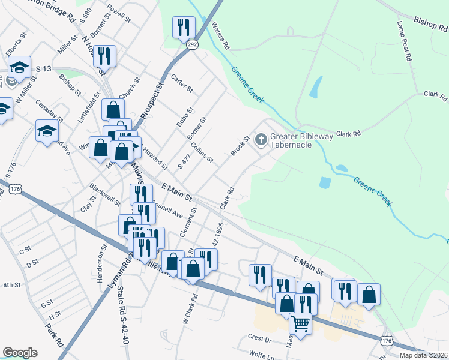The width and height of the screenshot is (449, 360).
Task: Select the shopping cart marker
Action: tap(300, 323)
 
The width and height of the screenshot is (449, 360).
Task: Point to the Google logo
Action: tap(20, 353)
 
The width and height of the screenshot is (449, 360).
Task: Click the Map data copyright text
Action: tap(424, 355)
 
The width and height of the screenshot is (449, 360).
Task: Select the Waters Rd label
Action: tap(220, 36)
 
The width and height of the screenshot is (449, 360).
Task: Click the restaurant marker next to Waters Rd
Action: tap(184, 27)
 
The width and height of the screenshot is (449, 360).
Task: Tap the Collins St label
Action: tap(202, 152)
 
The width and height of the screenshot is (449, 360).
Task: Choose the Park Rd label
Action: tap(54, 337)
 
